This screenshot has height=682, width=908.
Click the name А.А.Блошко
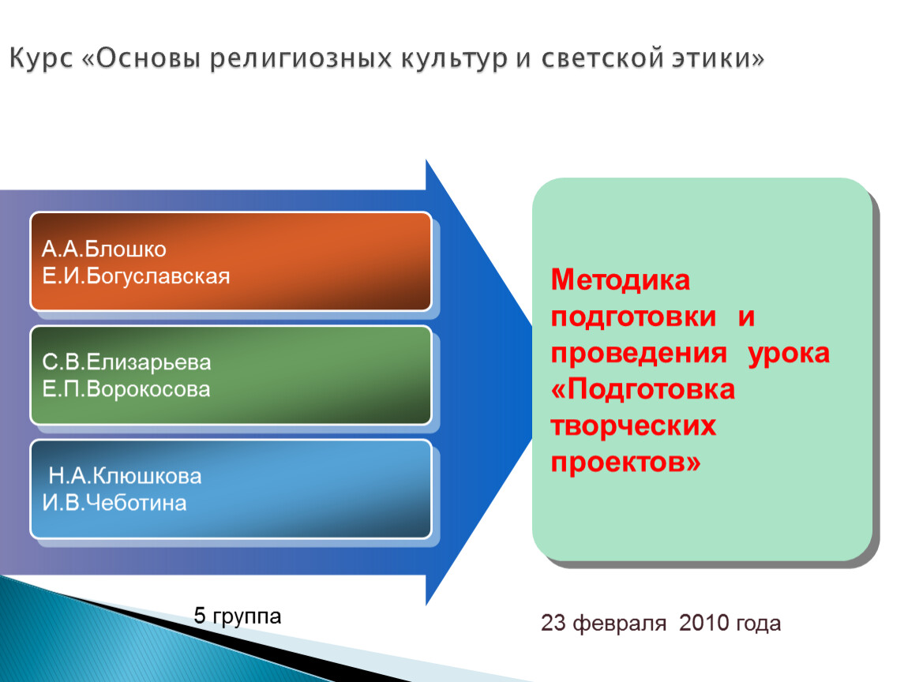pos(104,249)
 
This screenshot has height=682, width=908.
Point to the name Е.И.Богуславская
pos(136,276)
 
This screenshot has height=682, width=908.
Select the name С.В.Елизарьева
pos(126,362)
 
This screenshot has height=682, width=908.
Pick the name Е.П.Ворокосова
pos(126,389)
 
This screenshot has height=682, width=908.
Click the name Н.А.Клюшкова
pos(125,476)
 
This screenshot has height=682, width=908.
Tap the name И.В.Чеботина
pos(114,503)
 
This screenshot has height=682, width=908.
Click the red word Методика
pos(620,280)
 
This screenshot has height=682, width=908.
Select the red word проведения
pos(639,353)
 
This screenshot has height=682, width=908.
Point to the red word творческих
pos(633,427)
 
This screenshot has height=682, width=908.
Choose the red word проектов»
pos(625,462)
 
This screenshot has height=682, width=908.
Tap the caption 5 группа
pos(238,616)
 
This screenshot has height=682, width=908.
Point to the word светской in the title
pos(602,58)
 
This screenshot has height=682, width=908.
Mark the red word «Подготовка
pos(643,390)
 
